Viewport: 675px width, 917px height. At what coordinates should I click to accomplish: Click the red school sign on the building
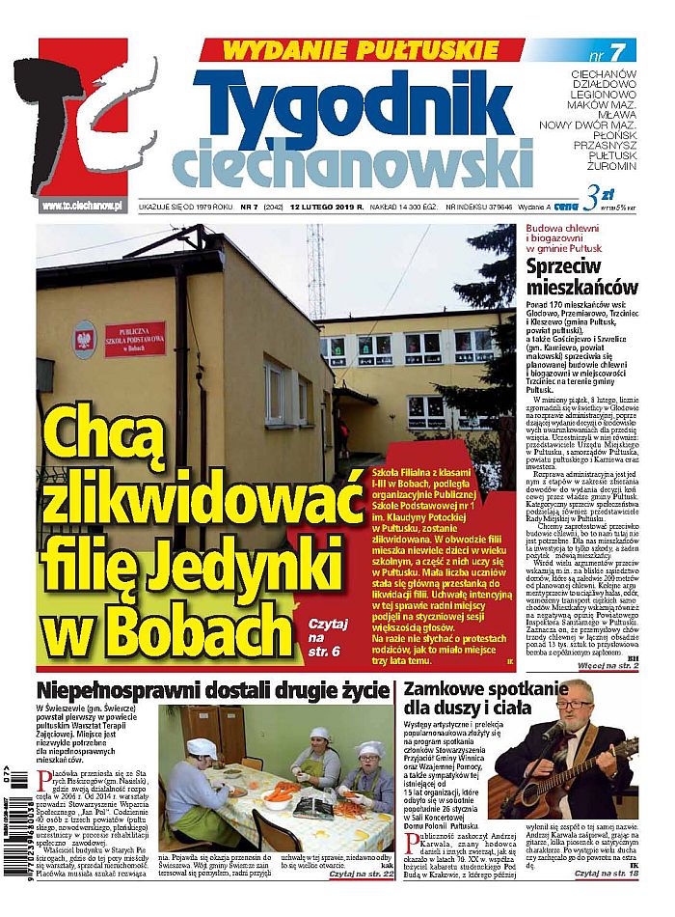[x=134, y=340]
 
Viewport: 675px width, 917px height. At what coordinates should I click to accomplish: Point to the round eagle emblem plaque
[x=84, y=339]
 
